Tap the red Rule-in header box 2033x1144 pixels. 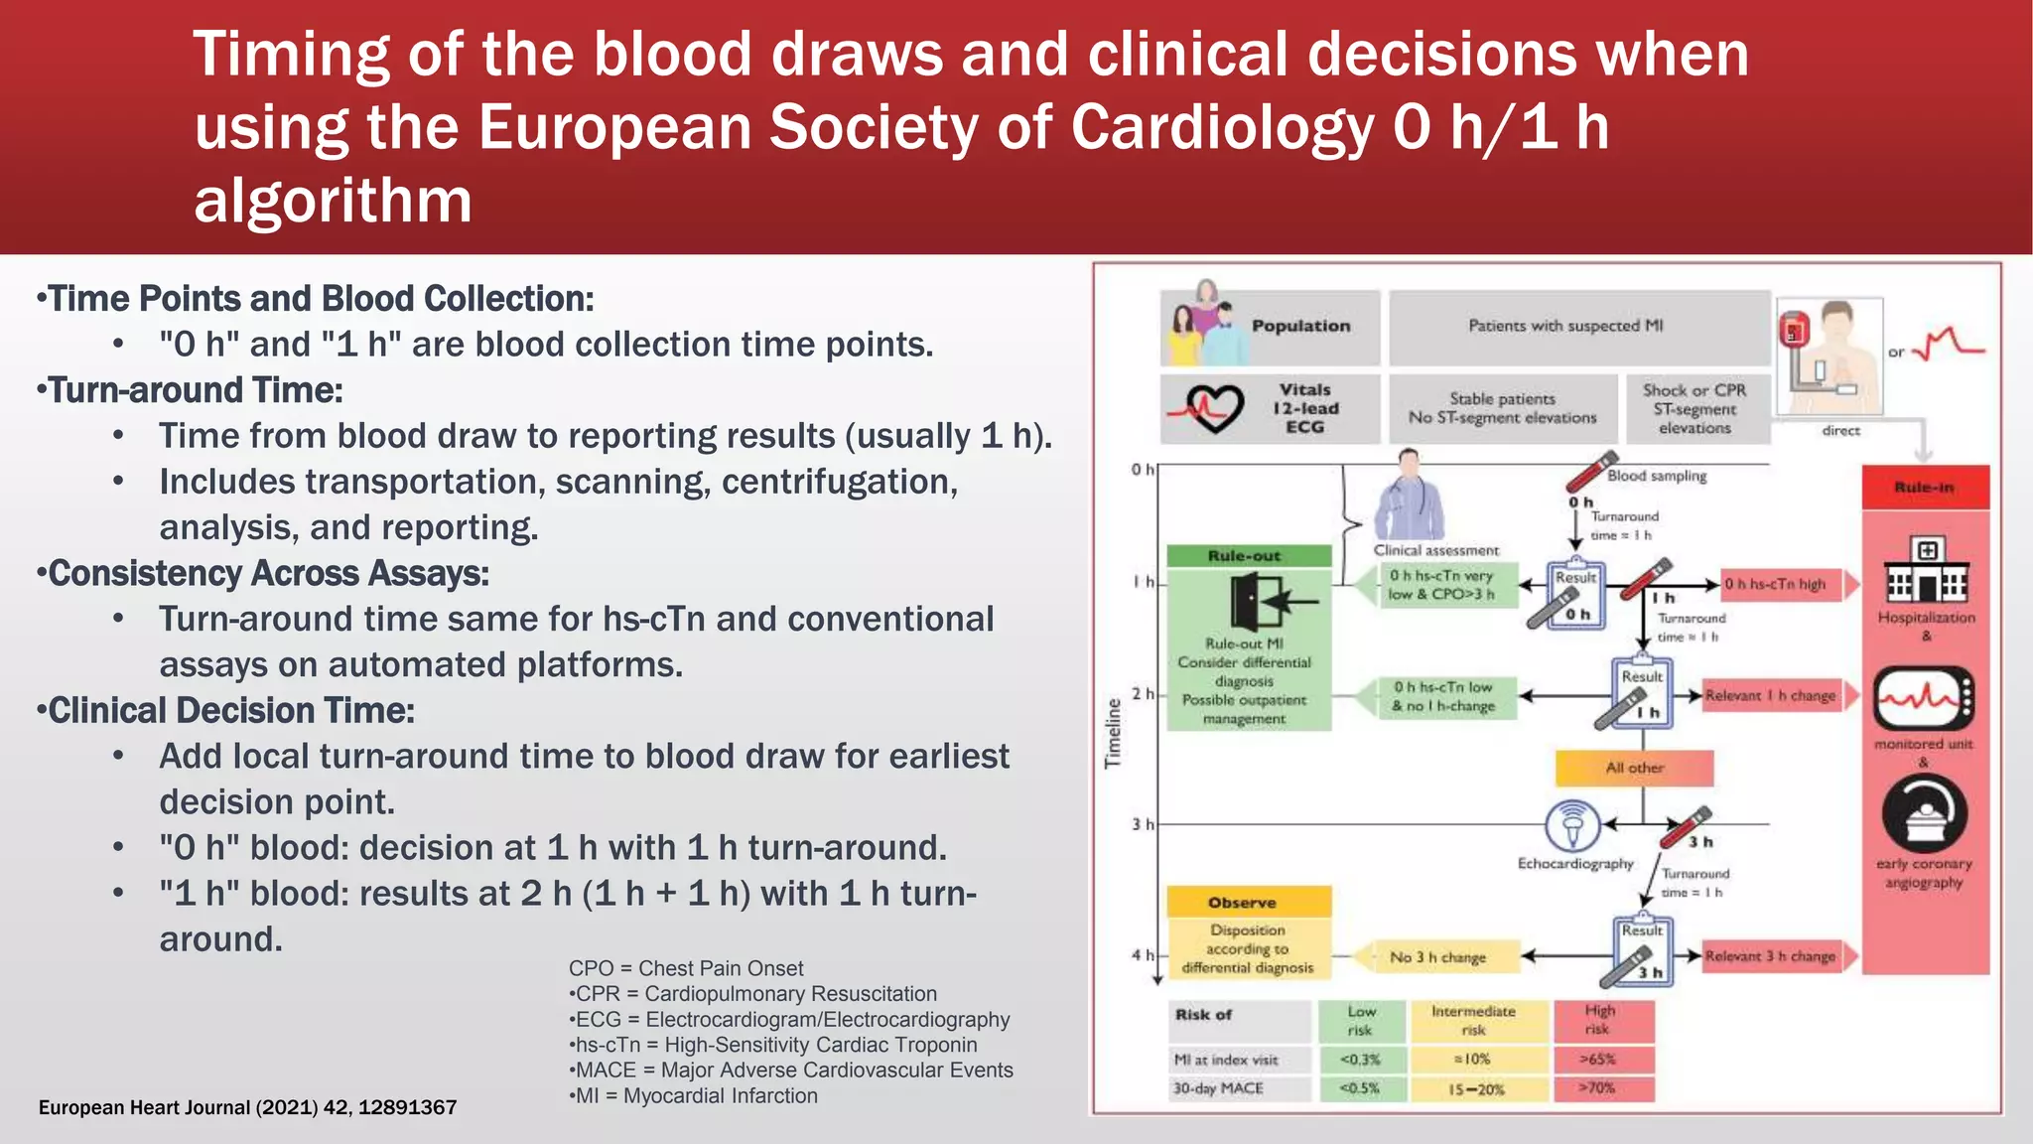point(1925,488)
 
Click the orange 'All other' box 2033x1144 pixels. point(1634,768)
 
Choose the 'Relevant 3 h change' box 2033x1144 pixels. point(1770,956)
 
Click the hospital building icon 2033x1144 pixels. point(1926,572)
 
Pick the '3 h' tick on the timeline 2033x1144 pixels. point(1142,824)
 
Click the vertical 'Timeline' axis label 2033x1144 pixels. point(1113,733)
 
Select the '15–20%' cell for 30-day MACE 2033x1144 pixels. point(1475,1089)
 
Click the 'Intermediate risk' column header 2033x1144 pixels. point(1473,1020)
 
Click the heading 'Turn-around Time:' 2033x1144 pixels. point(195,390)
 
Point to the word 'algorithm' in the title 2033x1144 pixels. point(333,201)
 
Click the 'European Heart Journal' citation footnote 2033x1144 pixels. point(247,1107)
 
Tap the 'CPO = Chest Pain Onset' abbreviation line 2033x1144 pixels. point(685,968)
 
